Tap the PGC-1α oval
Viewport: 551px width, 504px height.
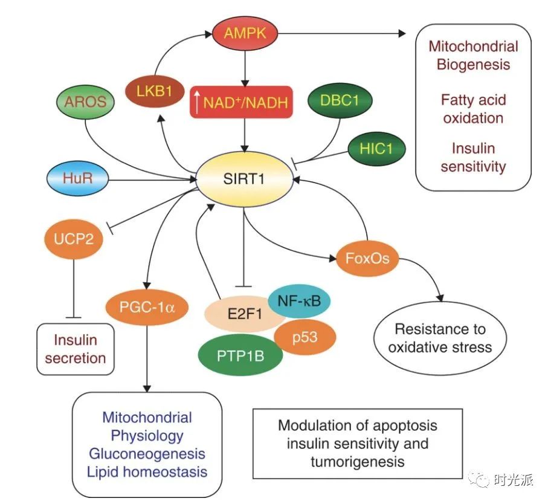point(144,306)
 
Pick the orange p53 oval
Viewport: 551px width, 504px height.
point(304,336)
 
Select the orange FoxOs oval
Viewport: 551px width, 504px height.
point(368,259)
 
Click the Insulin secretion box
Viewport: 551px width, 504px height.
point(76,349)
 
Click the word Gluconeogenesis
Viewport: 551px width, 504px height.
point(147,453)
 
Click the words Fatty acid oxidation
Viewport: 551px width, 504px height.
point(473,108)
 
